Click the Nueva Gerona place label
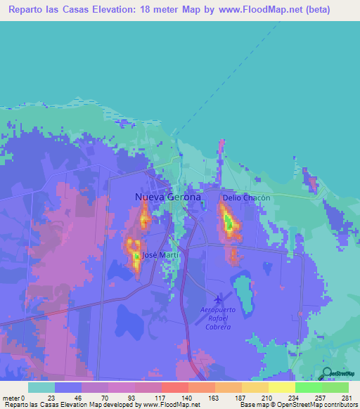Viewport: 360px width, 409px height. click(x=167, y=197)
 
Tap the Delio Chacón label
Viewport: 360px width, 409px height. click(x=246, y=198)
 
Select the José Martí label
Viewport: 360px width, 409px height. click(x=162, y=254)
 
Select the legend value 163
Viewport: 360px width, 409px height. click(x=215, y=398)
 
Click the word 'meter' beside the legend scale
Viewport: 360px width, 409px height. click(x=11, y=398)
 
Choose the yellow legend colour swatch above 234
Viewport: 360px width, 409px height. click(x=281, y=387)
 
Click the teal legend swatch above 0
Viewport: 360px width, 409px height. click(x=41, y=387)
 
